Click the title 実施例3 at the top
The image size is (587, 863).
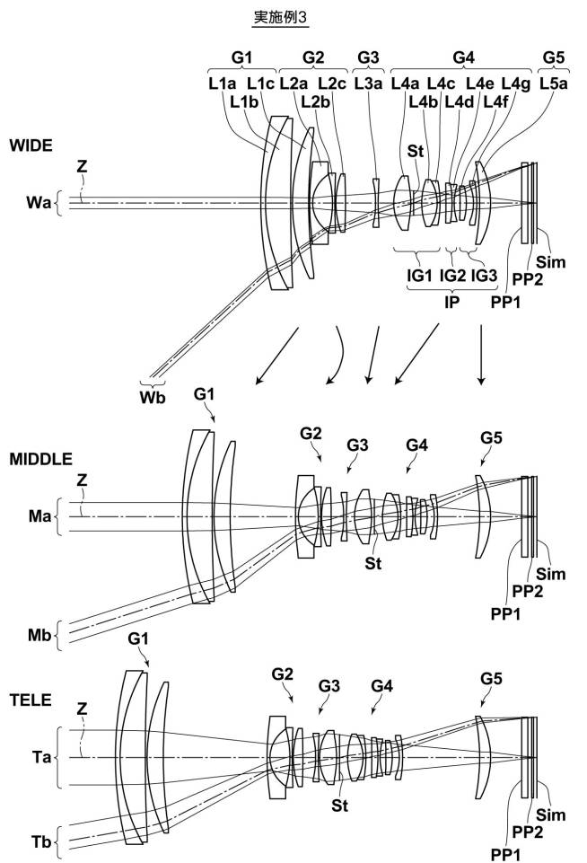[280, 17]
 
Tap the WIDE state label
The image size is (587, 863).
[31, 145]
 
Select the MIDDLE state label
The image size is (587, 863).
[40, 459]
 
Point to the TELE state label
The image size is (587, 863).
[31, 700]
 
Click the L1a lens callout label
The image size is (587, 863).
[223, 84]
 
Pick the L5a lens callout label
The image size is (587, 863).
[554, 84]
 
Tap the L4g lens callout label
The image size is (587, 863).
[516, 84]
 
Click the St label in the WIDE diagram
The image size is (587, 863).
[416, 151]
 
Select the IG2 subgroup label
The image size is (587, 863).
[452, 275]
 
